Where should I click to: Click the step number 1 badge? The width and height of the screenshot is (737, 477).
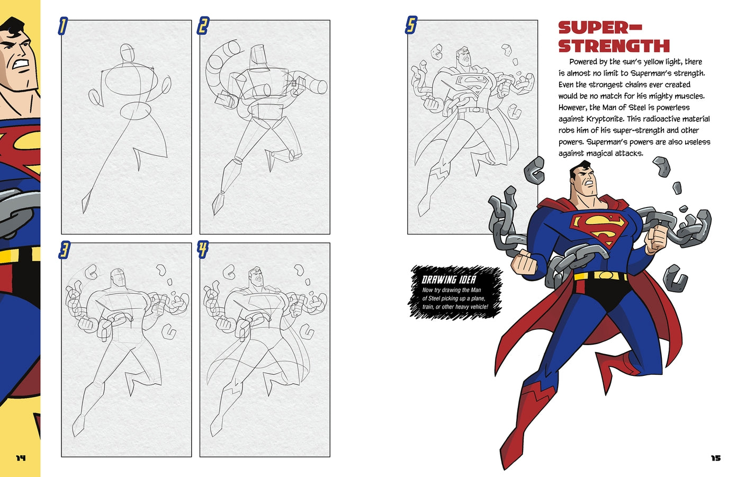pyautogui.click(x=62, y=25)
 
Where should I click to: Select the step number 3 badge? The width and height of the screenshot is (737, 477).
pyautogui.click(x=64, y=250)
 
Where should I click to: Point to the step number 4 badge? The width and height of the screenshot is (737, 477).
pyautogui.click(x=203, y=249)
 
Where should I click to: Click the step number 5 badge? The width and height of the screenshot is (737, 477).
pyautogui.click(x=411, y=25)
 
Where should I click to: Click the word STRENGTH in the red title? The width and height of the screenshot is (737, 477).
pyautogui.click(x=614, y=46)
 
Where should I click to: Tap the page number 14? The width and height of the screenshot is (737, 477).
pyautogui.click(x=20, y=458)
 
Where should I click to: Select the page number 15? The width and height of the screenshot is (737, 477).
pyautogui.click(x=716, y=458)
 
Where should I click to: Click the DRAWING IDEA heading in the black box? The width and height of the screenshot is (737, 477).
pyautogui.click(x=449, y=280)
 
